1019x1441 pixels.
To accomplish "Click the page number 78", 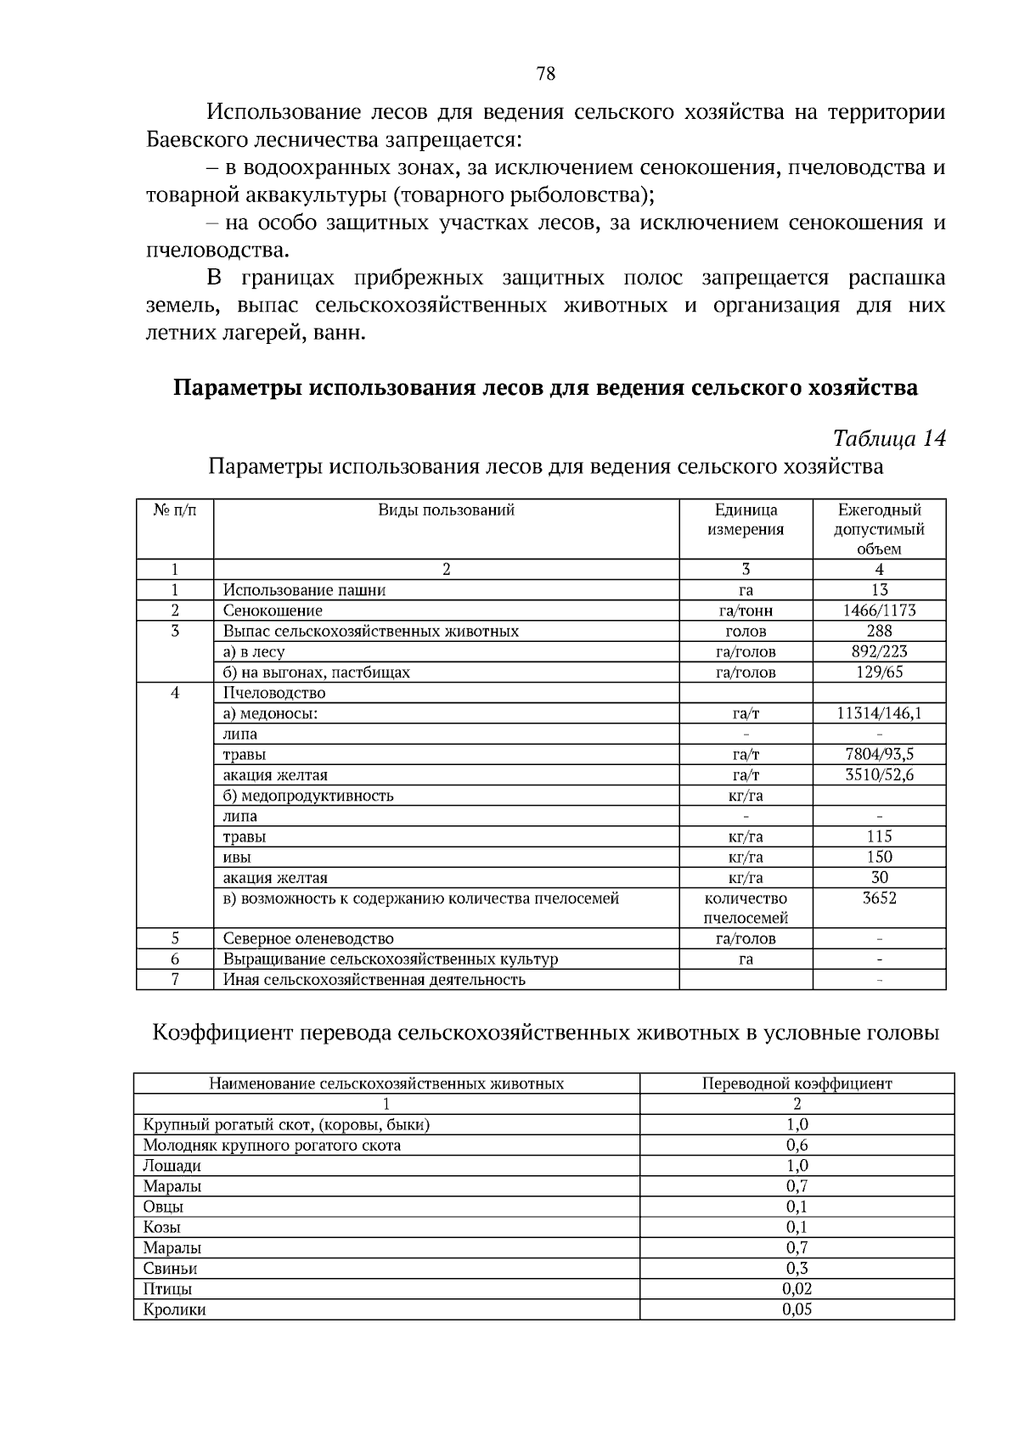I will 546,74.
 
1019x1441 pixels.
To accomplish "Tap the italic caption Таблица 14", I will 889,439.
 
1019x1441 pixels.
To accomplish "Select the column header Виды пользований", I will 446,510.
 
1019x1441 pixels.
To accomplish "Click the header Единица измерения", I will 746,520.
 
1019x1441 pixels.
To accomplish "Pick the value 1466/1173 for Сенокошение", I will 879,611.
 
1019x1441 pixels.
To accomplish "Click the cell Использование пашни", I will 304,590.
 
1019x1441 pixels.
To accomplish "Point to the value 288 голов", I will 879,631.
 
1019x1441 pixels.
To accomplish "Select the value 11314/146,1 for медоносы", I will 879,713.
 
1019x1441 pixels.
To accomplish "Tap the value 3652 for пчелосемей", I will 879,898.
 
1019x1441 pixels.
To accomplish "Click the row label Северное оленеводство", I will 308,939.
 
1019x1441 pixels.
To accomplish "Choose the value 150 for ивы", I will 879,857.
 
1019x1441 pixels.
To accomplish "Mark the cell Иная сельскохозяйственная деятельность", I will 374,980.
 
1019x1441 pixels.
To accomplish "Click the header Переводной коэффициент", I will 797,1084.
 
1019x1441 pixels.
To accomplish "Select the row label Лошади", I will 172,1166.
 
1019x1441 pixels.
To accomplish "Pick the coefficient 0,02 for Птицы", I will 797,1289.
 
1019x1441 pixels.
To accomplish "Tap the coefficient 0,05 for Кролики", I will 797,1309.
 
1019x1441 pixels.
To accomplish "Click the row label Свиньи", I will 170,1269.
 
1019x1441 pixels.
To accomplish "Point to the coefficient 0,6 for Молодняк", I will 797,1145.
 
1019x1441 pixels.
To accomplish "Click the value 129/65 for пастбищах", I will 879,673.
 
